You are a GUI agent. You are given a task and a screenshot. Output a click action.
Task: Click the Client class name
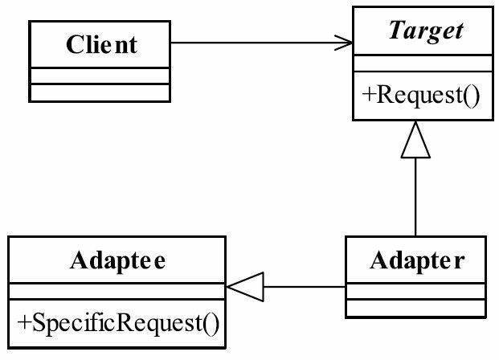(x=102, y=44)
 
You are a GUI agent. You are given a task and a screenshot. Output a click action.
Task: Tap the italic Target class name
(x=426, y=31)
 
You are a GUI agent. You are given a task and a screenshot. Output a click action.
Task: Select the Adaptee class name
(x=118, y=260)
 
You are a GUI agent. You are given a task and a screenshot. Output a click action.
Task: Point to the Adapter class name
(x=417, y=260)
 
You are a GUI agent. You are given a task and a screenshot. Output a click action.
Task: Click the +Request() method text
(x=421, y=95)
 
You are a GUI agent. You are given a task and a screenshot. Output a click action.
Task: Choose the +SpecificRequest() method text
(x=118, y=323)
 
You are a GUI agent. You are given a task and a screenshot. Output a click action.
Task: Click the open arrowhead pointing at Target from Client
(x=344, y=43)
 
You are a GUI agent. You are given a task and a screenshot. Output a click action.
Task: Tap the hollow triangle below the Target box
(x=415, y=139)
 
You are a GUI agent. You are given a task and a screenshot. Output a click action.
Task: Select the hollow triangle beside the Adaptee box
(x=245, y=287)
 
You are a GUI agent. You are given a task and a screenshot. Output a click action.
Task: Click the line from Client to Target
(x=262, y=43)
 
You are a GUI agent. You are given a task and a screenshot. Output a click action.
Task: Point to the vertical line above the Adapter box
(x=415, y=197)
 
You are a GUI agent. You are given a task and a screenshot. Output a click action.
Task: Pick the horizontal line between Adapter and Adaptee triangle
(x=305, y=287)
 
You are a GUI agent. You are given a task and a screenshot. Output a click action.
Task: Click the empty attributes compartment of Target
(x=423, y=63)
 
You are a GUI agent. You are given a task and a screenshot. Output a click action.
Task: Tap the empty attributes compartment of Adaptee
(x=117, y=291)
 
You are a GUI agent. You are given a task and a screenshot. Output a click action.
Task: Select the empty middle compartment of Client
(x=100, y=76)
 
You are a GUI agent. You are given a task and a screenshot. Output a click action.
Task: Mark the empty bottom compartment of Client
(x=100, y=93)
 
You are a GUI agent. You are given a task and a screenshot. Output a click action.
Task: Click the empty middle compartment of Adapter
(x=415, y=291)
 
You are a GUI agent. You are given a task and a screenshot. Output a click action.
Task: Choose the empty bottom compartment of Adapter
(x=415, y=308)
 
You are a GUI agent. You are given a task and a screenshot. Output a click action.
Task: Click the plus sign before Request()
(x=368, y=95)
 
